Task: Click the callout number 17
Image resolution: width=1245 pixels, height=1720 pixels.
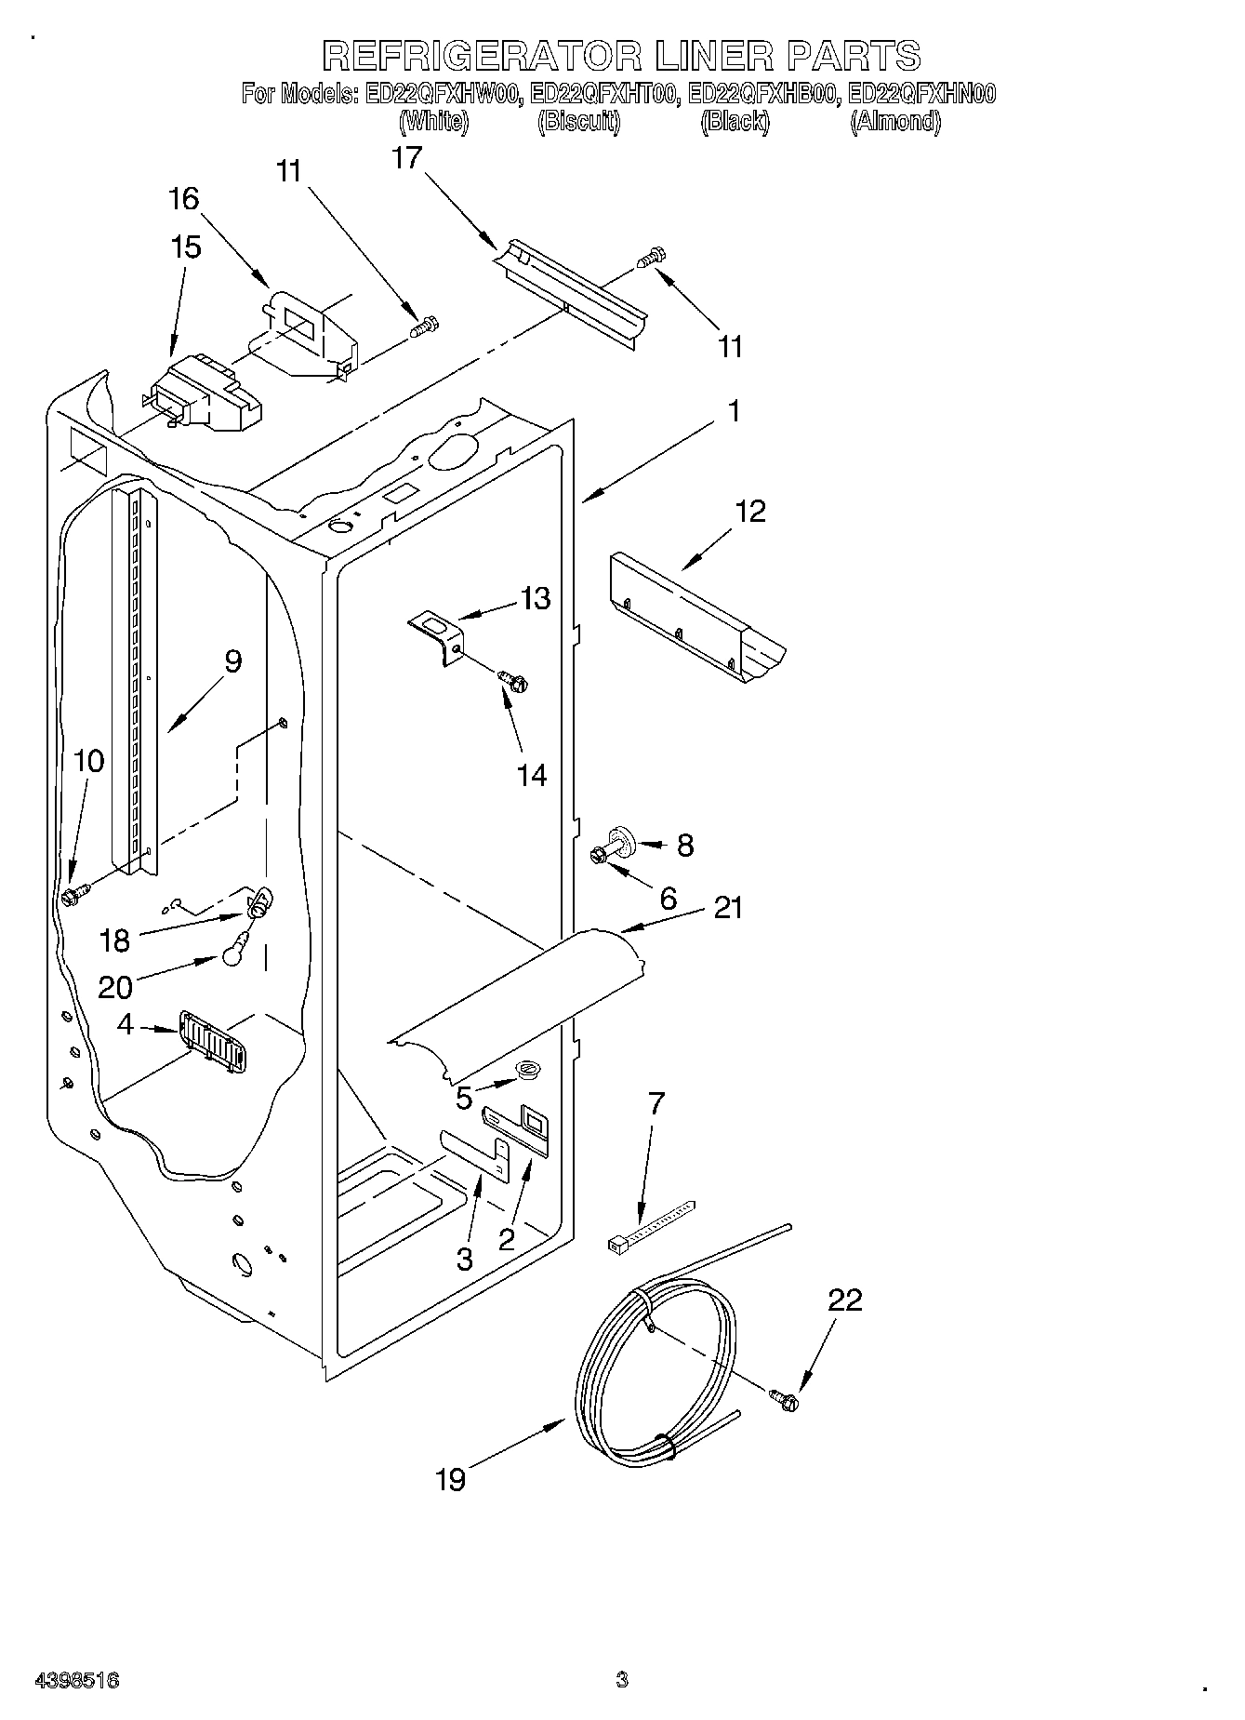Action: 406,158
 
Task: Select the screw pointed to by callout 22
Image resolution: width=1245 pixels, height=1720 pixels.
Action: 783,1398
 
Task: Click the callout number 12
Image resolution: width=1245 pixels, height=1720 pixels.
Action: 750,511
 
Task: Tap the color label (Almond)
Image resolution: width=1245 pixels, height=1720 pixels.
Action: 894,122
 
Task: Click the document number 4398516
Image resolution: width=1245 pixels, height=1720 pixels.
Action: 76,1680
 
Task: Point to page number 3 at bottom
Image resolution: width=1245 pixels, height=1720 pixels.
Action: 621,1680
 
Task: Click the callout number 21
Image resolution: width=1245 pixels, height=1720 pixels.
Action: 728,907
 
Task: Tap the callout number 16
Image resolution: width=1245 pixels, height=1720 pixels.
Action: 183,198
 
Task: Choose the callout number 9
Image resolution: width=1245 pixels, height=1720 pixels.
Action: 232,661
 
